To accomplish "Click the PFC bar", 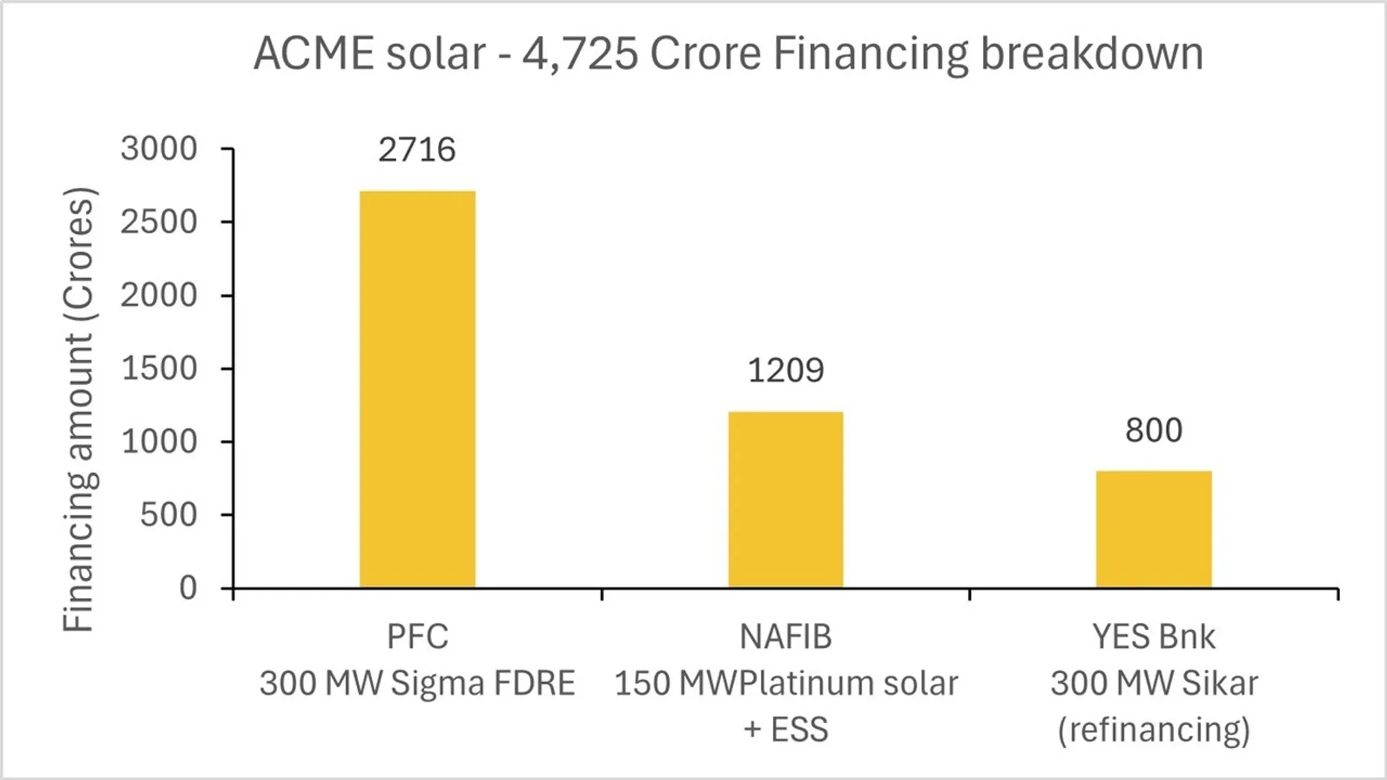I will tap(418, 389).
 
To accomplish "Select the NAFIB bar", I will tap(785, 499).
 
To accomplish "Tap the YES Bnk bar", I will tap(1154, 529).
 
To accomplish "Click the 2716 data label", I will tap(417, 150).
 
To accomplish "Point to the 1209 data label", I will tap(785, 370).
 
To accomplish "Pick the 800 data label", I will tap(1154, 430).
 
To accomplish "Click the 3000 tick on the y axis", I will tap(159, 149).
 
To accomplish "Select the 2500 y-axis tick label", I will tap(159, 222).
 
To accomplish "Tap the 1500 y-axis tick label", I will tap(159, 369).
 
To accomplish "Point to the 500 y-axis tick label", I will tap(168, 515).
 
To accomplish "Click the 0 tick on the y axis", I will tap(188, 589).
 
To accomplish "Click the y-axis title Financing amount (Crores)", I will tap(79, 409).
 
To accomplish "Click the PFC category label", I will tap(417, 637).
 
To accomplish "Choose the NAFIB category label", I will tap(785, 637).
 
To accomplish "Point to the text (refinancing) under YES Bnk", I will tap(1154, 729).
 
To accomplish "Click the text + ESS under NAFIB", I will tap(785, 729).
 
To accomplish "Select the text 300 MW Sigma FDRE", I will tap(417, 683).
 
